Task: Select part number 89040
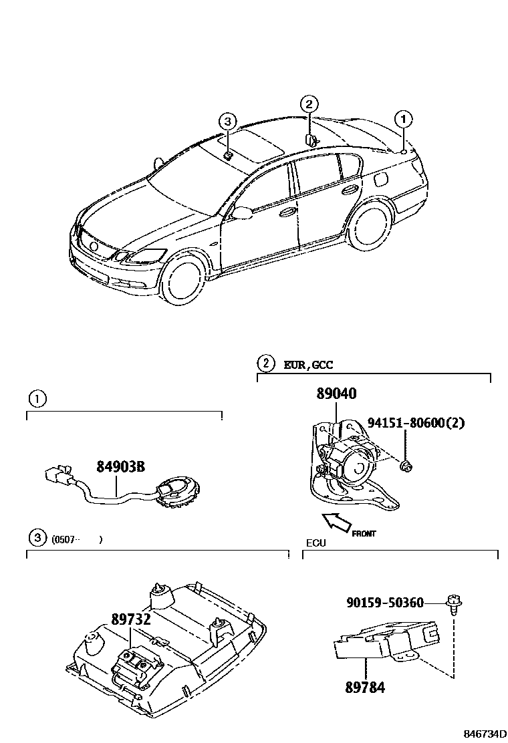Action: click(337, 395)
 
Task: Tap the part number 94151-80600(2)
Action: click(415, 422)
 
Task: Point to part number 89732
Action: click(131, 619)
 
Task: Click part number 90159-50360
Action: click(385, 603)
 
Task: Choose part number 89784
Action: click(364, 686)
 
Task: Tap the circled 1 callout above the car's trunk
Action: click(404, 120)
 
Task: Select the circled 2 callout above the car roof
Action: click(308, 104)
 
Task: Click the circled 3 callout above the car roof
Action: click(228, 121)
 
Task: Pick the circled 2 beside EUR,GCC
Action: click(266, 364)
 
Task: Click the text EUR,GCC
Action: click(308, 365)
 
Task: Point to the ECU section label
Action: click(315, 543)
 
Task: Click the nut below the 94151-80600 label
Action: click(406, 466)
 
